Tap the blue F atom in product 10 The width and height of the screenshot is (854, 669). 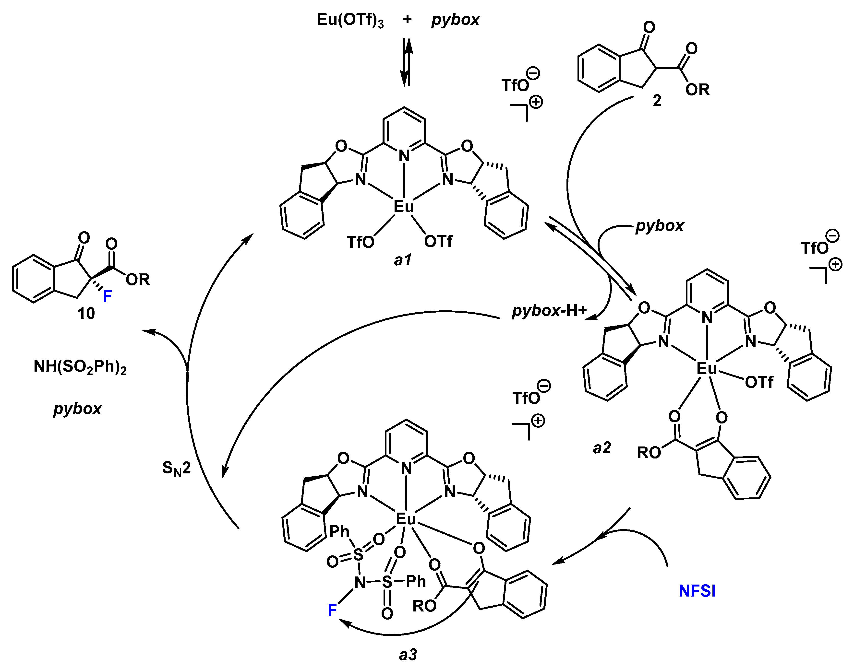pyautogui.click(x=107, y=296)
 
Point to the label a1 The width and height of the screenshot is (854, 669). pyautogui.click(x=402, y=260)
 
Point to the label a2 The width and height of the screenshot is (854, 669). pyautogui.click(x=601, y=448)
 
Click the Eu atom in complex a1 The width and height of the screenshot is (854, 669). pyautogui.click(x=403, y=206)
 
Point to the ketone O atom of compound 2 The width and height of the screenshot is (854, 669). pyautogui.click(x=649, y=27)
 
